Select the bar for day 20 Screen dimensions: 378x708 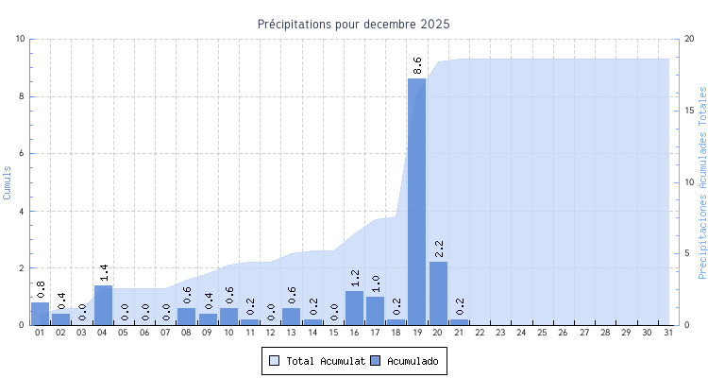(x=438, y=293)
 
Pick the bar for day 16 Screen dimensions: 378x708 (x=354, y=308)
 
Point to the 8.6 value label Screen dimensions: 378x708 (x=418, y=65)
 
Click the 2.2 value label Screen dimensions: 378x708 (x=439, y=249)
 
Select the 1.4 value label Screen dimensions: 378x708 (x=104, y=272)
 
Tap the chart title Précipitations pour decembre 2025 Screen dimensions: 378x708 (x=354, y=24)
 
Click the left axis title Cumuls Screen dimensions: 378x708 (x=8, y=181)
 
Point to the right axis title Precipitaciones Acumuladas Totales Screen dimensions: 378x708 (x=701, y=181)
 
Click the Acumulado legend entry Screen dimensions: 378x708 (x=405, y=360)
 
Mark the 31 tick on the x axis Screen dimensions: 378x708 (x=668, y=333)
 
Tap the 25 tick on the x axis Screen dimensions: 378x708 (x=543, y=333)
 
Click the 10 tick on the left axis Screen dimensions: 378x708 (x=21, y=39)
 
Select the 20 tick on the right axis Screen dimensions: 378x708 (x=689, y=39)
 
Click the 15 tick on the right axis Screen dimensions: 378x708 (x=689, y=111)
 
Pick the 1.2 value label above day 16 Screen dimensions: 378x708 (x=355, y=278)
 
